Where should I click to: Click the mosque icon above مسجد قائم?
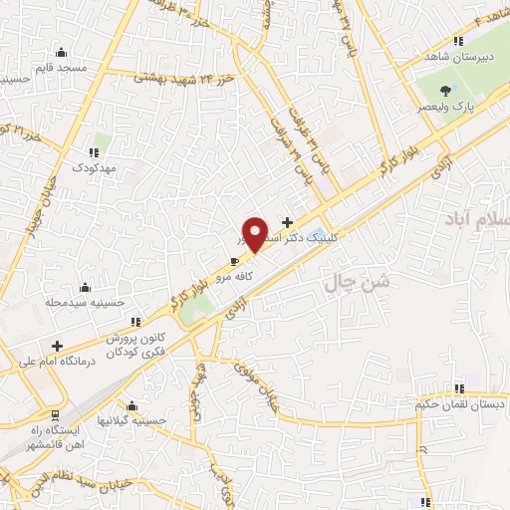pyautogui.click(x=63, y=52)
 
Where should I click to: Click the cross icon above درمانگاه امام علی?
pyautogui.click(x=57, y=346)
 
